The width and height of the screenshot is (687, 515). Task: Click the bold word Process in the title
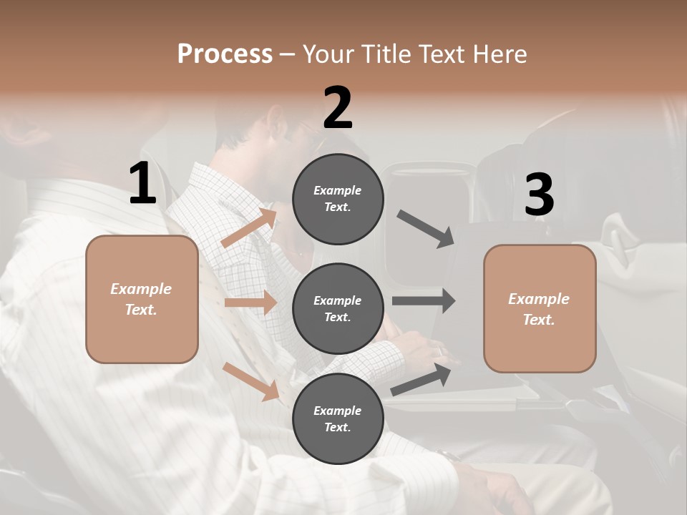tap(225, 54)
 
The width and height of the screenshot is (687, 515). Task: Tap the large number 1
tap(142, 183)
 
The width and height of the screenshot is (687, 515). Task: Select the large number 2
tap(338, 107)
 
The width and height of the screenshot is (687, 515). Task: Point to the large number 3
tap(540, 195)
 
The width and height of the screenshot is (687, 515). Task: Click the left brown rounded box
tap(142, 299)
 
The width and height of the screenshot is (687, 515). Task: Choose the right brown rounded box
tap(540, 309)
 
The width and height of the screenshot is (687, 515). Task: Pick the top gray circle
tap(338, 199)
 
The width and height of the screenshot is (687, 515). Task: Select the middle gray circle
tap(338, 308)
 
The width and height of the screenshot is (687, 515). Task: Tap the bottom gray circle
tap(338, 418)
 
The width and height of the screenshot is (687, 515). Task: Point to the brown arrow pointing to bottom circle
tap(250, 381)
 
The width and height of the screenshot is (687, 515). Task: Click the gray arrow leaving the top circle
tap(426, 228)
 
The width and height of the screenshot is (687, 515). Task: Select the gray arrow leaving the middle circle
tap(424, 300)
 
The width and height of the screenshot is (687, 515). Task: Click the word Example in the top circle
tap(338, 190)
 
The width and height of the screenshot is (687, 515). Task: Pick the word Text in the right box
tap(537, 320)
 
